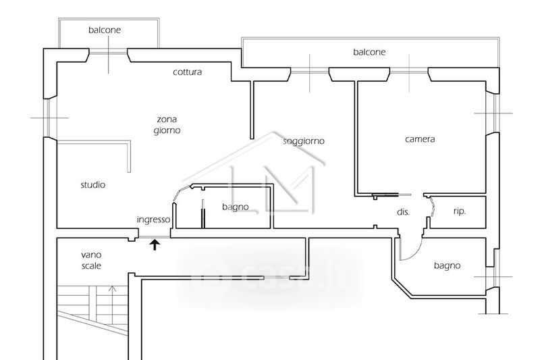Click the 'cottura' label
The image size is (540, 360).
point(187,72)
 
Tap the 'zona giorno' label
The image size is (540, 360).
point(167,124)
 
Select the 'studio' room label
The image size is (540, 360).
point(93,184)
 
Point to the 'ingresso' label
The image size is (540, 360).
point(153,220)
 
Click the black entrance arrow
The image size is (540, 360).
point(155,245)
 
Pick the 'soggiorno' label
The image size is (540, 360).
point(304,141)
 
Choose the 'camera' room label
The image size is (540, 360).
point(420,140)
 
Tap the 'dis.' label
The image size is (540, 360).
point(403,212)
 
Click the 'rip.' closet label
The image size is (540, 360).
point(459,211)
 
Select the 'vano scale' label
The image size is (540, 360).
point(91,260)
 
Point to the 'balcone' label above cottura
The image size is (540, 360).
point(105,30)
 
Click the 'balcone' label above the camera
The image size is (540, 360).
point(369,52)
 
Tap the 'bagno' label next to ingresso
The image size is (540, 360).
point(236,207)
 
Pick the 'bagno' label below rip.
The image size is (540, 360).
point(447,265)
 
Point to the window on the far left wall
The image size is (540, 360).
point(49,118)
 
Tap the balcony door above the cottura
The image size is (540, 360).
point(109,52)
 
